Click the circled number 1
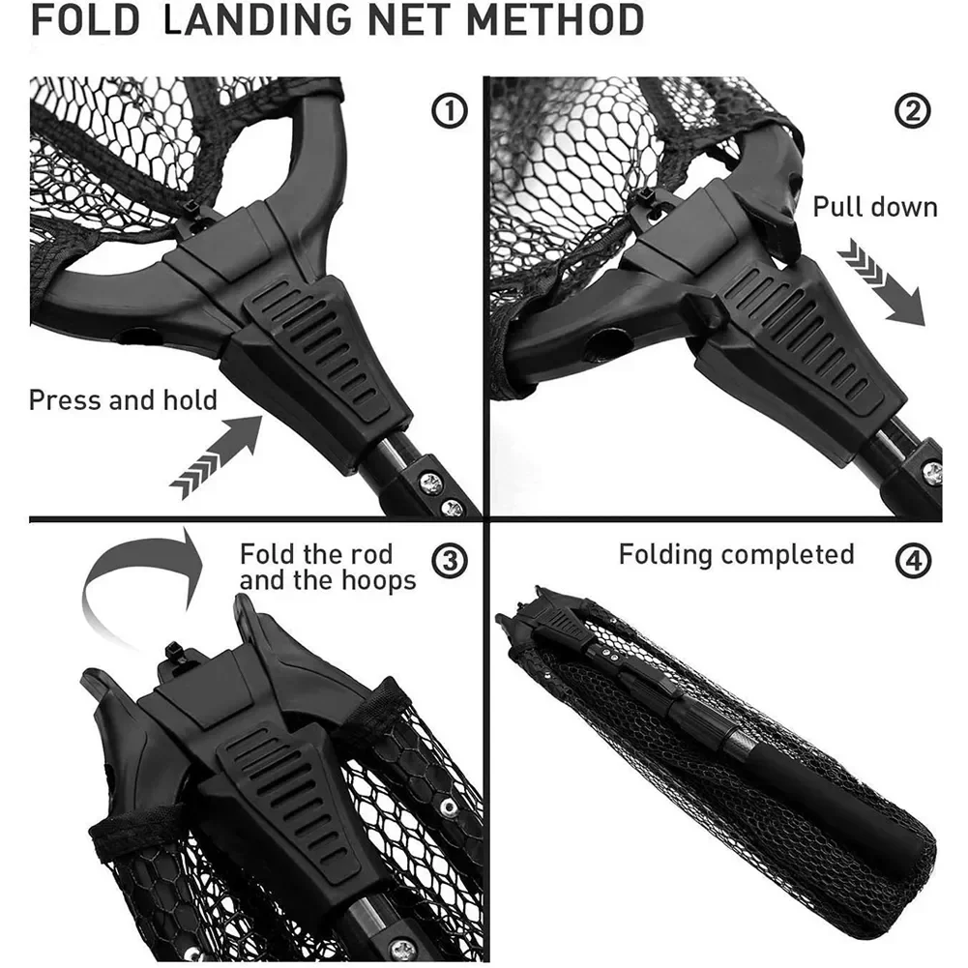[449, 111]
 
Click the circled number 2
[912, 111]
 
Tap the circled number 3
[449, 561]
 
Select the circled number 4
[913, 561]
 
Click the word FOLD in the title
[86, 20]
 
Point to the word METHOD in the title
[556, 20]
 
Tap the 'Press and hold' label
[124, 400]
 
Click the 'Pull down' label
[875, 207]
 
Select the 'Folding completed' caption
[737, 554]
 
